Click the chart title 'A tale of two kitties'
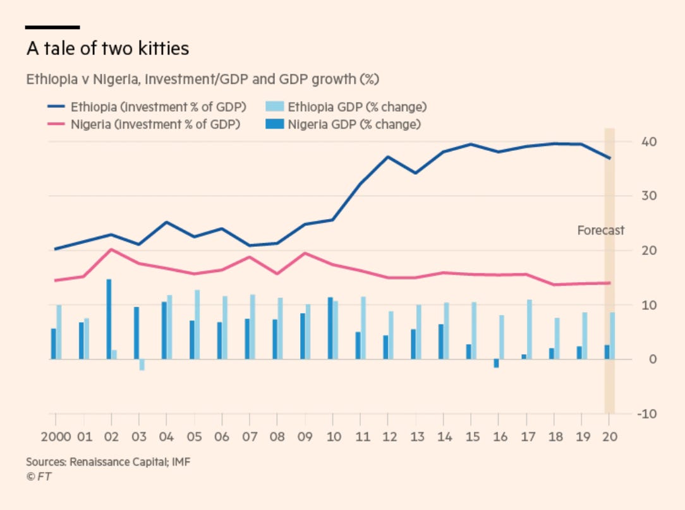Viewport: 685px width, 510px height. pyautogui.click(x=107, y=49)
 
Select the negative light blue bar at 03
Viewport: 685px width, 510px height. pyautogui.click(x=142, y=365)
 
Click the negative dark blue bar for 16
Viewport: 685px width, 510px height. pyautogui.click(x=496, y=364)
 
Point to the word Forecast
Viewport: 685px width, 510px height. pyautogui.click(x=600, y=230)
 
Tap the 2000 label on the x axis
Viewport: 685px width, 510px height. pyautogui.click(x=55, y=436)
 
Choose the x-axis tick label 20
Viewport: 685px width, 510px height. pyautogui.click(x=609, y=436)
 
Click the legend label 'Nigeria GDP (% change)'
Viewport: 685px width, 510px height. pyautogui.click(x=354, y=124)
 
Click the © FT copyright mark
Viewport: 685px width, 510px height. pyautogui.click(x=39, y=477)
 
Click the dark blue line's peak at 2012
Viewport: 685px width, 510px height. pyautogui.click(x=388, y=157)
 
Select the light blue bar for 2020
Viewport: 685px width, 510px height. pyautogui.click(x=612, y=336)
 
